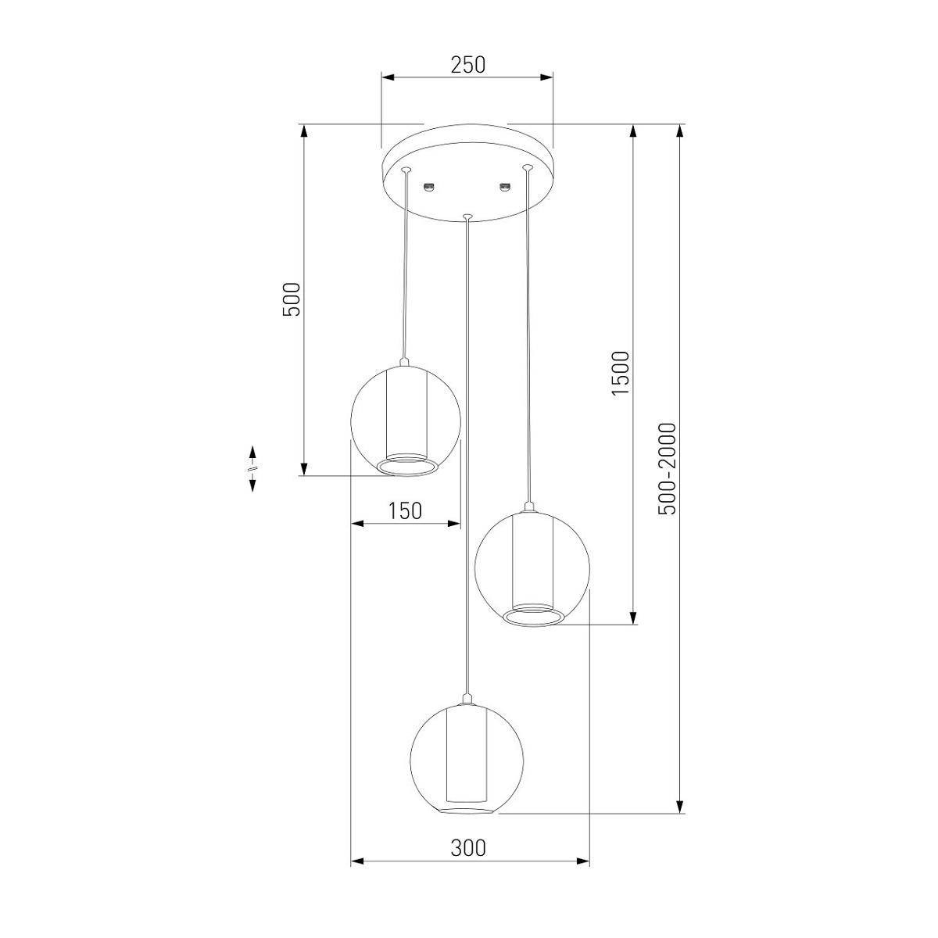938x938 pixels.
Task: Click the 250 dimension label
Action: (x=467, y=65)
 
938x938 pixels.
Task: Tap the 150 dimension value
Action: (x=405, y=511)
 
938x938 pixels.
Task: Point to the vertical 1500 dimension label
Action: (x=621, y=374)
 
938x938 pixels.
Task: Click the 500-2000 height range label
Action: (x=667, y=469)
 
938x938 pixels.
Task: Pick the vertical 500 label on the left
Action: (x=292, y=299)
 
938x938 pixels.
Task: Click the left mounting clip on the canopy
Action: (x=429, y=187)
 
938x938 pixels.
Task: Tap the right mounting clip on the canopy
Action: (x=506, y=187)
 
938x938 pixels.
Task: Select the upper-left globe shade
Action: (x=406, y=421)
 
